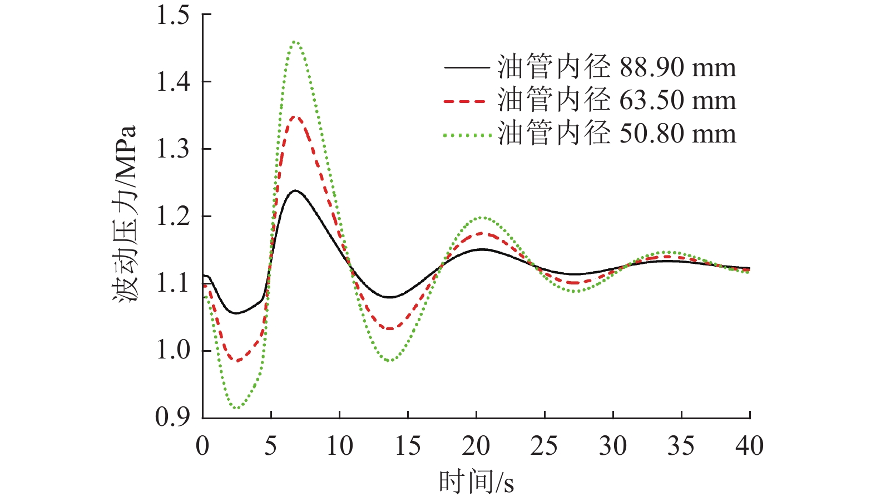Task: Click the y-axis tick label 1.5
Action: tap(172, 15)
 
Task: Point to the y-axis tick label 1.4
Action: tap(172, 82)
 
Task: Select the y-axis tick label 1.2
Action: tap(172, 217)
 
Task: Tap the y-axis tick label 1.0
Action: tap(172, 351)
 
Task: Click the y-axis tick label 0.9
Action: tap(172, 417)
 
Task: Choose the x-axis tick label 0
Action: tap(202, 446)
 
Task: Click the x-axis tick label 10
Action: tap(339, 446)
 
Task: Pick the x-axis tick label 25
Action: tap(544, 446)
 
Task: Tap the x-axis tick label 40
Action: tap(749, 446)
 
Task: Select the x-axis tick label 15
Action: tap(408, 446)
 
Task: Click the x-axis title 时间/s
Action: tap(476, 482)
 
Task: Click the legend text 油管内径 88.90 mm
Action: tap(616, 67)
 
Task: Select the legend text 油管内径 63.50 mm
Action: tap(616, 101)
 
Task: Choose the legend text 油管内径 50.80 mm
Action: tap(616, 134)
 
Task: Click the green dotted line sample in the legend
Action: tap(467, 135)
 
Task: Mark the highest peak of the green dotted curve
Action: tap(295, 41)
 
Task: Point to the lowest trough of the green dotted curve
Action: tap(237, 408)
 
